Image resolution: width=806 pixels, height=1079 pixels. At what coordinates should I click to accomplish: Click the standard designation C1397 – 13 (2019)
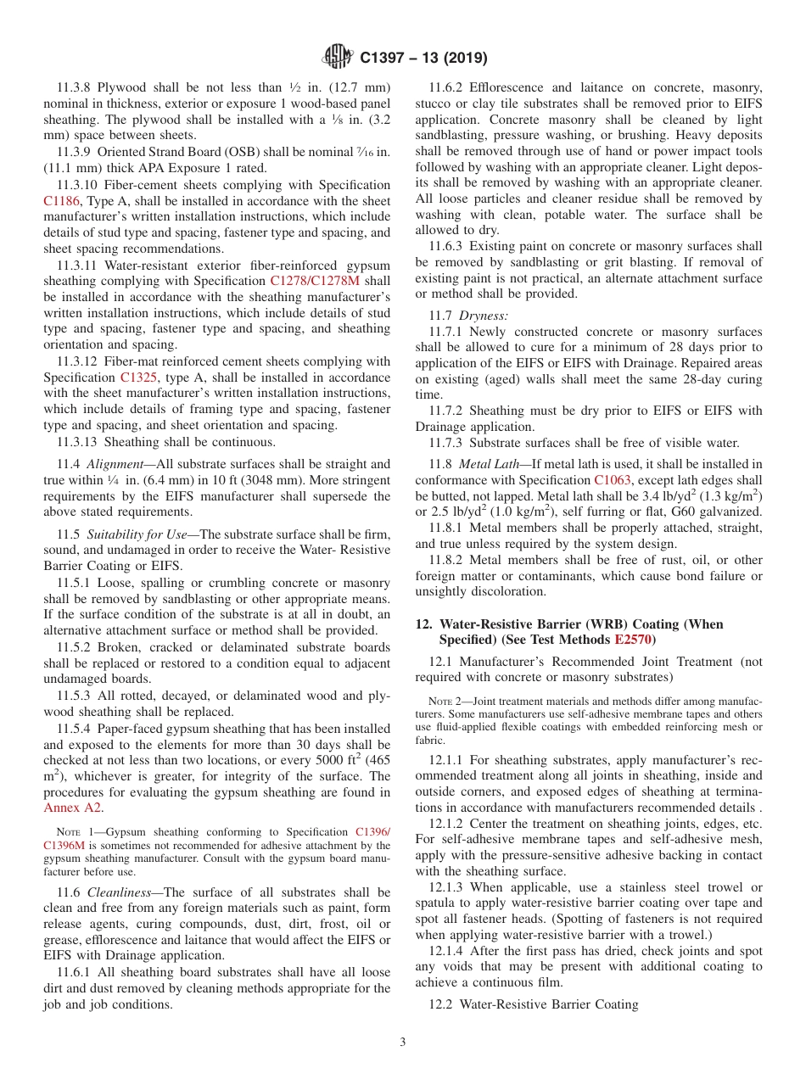point(423,59)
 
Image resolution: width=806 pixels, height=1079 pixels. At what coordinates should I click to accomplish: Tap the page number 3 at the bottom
point(403,1042)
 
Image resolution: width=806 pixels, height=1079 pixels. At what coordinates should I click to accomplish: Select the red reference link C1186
point(61,201)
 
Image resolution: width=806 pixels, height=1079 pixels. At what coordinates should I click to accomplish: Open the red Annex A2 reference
point(72,808)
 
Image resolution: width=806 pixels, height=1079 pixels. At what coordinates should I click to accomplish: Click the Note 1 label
point(75,833)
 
